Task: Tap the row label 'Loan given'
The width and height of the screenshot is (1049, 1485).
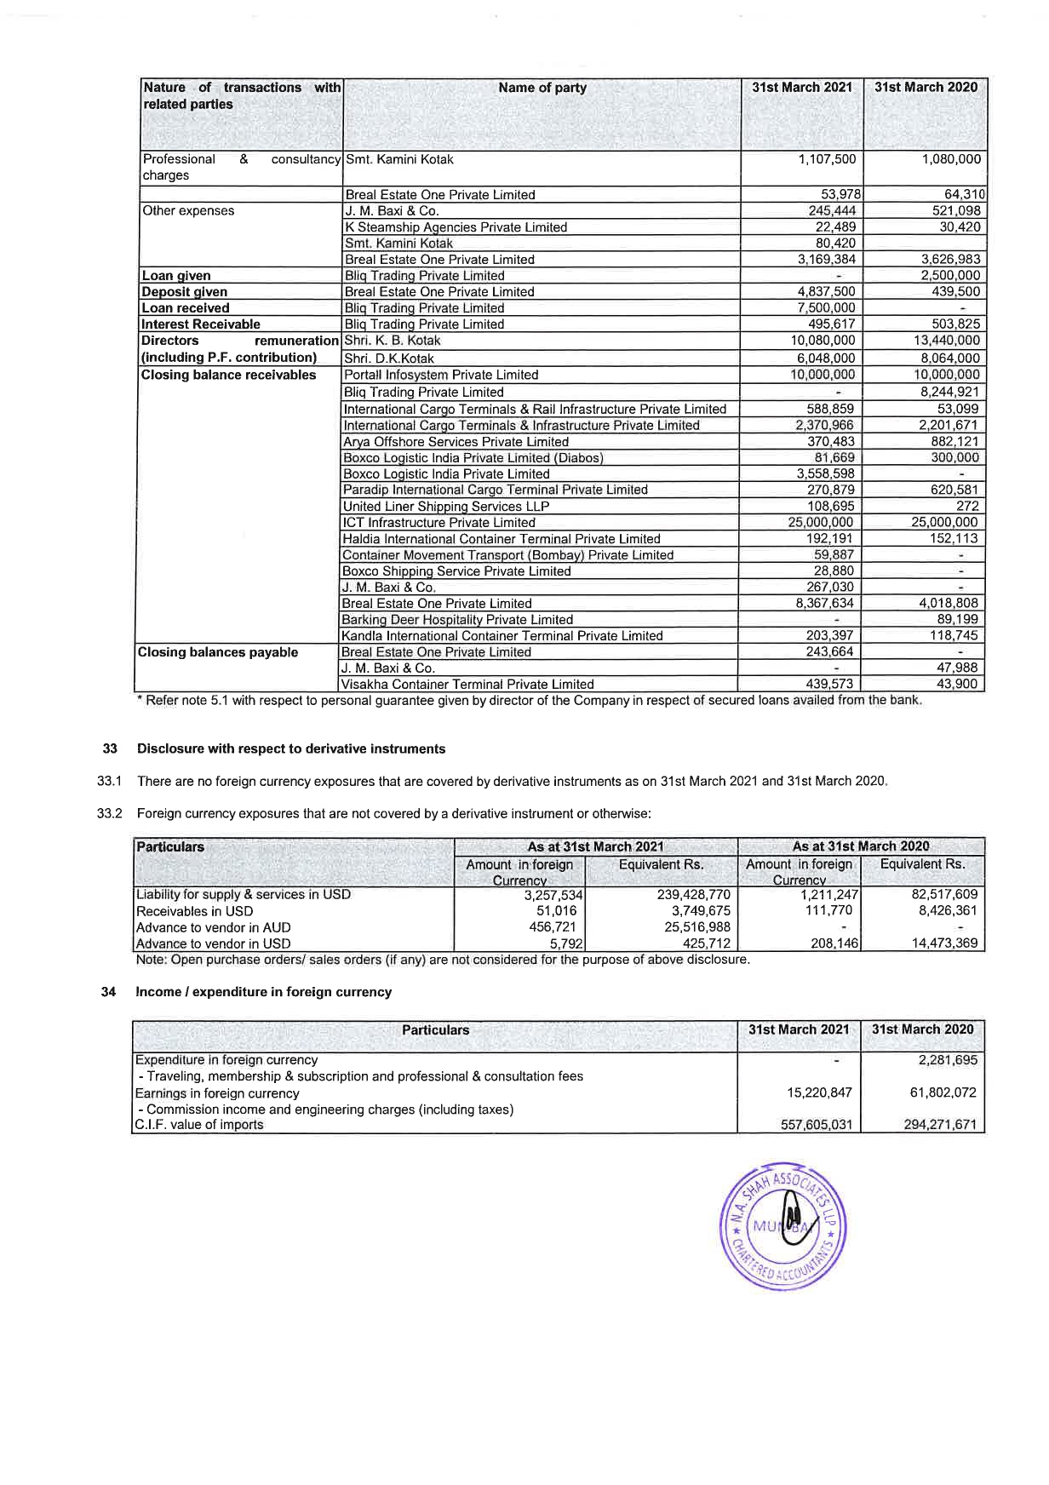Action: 176,276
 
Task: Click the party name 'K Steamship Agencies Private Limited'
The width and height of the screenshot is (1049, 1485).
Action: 456,227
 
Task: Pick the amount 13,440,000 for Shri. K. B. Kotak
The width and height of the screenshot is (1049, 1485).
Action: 945,341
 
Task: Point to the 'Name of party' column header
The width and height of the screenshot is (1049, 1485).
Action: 542,88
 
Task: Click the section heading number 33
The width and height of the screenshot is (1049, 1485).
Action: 109,749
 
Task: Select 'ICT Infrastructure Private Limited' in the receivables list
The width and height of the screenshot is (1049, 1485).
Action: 439,523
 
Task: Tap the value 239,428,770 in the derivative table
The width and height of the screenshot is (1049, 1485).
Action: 694,895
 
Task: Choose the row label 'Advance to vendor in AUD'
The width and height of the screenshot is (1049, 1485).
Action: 214,927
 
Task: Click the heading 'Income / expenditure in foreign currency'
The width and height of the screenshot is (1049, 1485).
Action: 264,992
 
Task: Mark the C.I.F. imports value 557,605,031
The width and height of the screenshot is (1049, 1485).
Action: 817,1125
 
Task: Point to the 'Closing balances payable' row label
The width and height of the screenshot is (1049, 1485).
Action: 218,652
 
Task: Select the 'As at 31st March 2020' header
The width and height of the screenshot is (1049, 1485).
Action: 861,846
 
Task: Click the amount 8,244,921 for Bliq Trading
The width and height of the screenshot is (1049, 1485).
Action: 949,393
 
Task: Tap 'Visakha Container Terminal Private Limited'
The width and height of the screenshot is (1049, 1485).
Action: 467,685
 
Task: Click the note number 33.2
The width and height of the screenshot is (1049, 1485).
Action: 111,814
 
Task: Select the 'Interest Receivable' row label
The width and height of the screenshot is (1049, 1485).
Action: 201,324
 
